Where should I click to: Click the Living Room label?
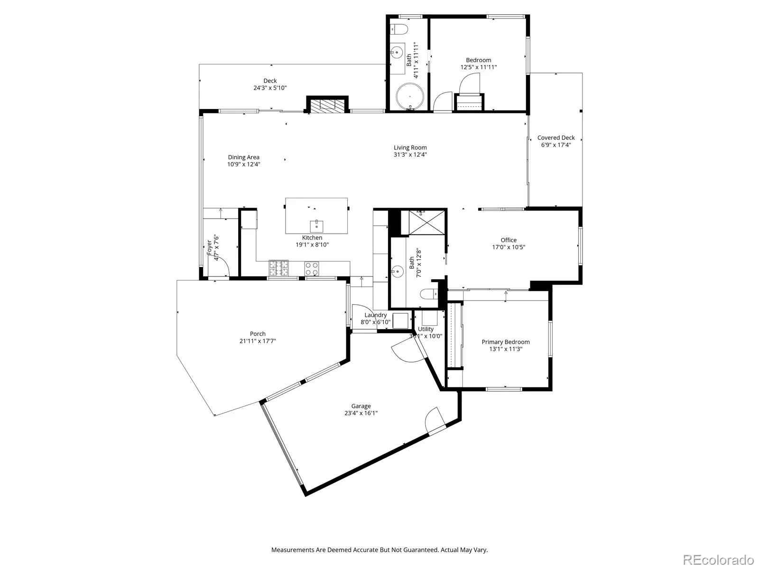click(410, 147)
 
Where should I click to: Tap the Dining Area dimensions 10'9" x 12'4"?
click(243, 165)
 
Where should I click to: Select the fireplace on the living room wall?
click(327, 105)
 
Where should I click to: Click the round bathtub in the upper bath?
click(410, 96)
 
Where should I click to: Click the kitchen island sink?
click(316, 226)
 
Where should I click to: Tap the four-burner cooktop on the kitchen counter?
click(312, 269)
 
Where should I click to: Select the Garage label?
click(361, 406)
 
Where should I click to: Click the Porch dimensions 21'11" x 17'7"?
click(258, 341)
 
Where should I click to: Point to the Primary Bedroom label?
click(506, 342)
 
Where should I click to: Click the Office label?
click(509, 240)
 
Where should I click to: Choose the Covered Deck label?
click(556, 138)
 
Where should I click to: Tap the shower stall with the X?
click(426, 222)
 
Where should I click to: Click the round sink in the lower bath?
click(398, 271)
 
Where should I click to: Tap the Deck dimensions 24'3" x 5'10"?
click(270, 88)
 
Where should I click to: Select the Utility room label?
click(426, 329)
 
